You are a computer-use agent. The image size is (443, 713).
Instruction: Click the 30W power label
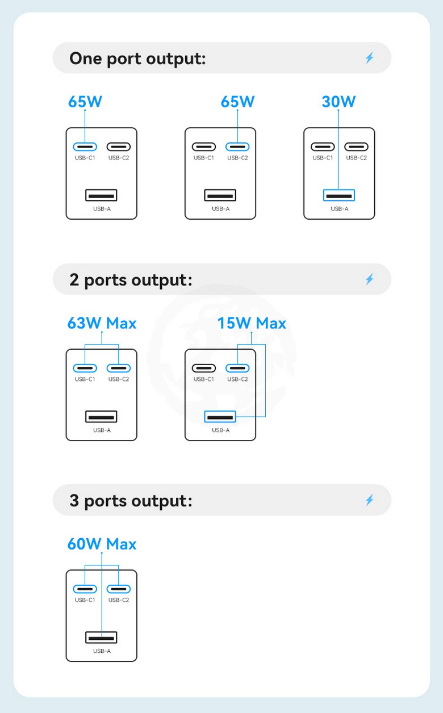pos(338,102)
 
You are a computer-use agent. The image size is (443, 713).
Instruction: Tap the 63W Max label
pos(102,323)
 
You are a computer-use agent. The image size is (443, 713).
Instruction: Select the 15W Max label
pos(252,323)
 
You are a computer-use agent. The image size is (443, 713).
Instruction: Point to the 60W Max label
pos(102,544)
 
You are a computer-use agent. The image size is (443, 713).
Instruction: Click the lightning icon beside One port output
pos(370,58)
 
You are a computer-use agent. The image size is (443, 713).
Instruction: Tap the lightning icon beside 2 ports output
pos(370,279)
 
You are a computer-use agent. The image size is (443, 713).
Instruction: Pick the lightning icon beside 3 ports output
pos(370,500)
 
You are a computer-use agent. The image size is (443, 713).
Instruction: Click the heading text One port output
pos(137,58)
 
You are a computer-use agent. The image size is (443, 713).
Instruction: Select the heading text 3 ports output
pos(131,501)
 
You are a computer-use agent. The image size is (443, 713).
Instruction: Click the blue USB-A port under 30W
pos(339,195)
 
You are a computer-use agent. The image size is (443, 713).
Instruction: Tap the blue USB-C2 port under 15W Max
pos(237,368)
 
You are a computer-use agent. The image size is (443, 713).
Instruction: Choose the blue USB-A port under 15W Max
pos(220,417)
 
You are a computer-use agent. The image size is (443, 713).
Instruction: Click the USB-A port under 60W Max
pos(102,637)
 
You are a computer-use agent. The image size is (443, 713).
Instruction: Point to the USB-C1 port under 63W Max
pos(85,368)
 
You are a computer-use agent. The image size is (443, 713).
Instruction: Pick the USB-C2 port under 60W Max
pos(119,589)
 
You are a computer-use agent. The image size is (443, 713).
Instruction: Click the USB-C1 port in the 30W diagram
pos(323,146)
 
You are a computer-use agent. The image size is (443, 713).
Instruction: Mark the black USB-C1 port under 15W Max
pos(204,368)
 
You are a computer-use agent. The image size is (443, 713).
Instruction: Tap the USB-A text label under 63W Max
pos(102,430)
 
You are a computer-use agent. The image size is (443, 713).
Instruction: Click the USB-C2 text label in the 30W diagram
pos(357,158)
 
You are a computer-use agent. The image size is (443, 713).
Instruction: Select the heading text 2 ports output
pos(131,279)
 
